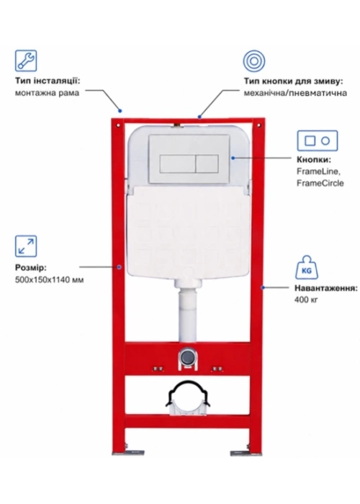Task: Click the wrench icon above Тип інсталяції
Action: pyautogui.click(x=26, y=60)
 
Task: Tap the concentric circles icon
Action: pyautogui.click(x=254, y=60)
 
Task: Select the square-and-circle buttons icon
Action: pyautogui.click(x=318, y=140)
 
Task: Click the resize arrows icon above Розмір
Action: pyautogui.click(x=26, y=246)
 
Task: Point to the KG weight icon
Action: pyautogui.click(x=306, y=267)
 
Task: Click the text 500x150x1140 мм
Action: pyautogui.click(x=49, y=280)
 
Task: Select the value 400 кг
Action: pyautogui.click(x=306, y=300)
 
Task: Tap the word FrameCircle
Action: pyautogui.click(x=320, y=183)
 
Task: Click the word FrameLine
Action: pyautogui.click(x=318, y=171)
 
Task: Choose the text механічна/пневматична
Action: pyautogui.click(x=295, y=93)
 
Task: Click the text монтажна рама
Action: pyautogui.click(x=47, y=93)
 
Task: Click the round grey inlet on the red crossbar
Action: pyautogui.click(x=186, y=356)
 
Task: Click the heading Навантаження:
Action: pyautogui.click(x=326, y=288)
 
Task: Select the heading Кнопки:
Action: pyautogui.click(x=314, y=159)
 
